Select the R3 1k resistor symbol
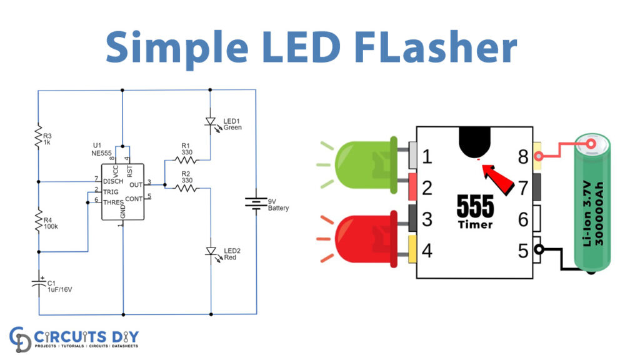coord(38,138)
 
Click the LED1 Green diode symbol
coord(211,123)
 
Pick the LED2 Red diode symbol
coord(211,251)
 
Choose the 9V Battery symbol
coord(256,203)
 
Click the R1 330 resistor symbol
coord(186,160)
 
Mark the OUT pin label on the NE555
coord(134,184)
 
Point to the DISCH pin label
coord(112,181)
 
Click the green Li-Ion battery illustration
coord(593,204)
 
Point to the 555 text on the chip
coord(474,206)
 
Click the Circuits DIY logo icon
coord(21,337)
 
